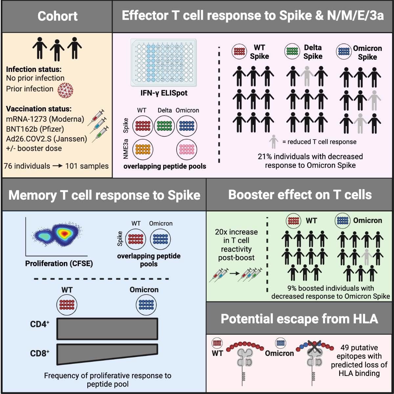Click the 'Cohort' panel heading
pos(57,16)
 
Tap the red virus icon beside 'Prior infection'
pos(65,90)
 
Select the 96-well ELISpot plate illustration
pos(164,62)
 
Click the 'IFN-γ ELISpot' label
pos(164,93)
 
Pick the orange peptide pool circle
pos(143,149)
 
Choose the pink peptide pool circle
pos(186,149)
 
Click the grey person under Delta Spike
pos(307,76)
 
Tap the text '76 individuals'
pos(27,166)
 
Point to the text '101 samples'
pos(87,166)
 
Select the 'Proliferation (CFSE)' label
pos(59,264)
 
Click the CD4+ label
pos(40,324)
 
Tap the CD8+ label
pos(40,353)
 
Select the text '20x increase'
pos(236,232)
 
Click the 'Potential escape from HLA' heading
pos(299,319)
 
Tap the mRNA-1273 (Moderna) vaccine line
pos(45,119)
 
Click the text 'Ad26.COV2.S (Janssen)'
pos(46,139)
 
